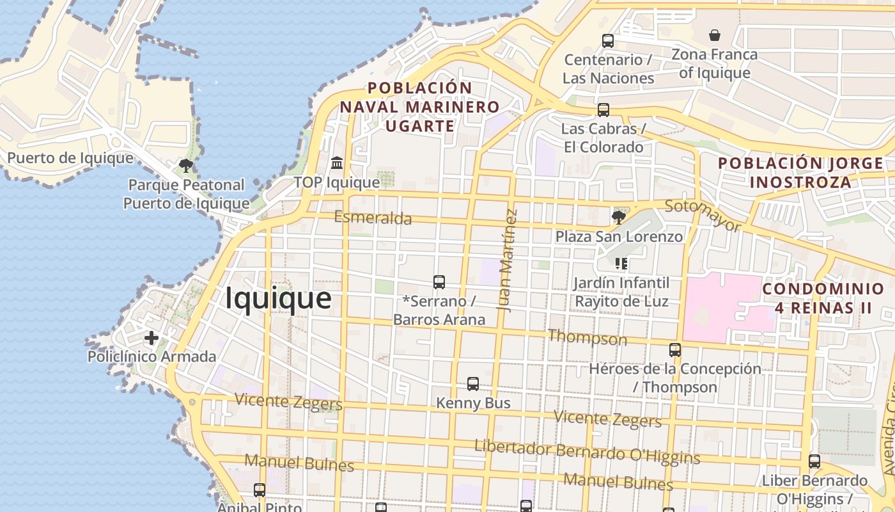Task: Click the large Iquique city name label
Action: point(278,298)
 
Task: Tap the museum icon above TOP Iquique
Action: point(337,163)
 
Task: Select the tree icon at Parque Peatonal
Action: point(186,166)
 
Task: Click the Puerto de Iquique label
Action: point(70,158)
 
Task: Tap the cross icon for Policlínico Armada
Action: point(152,337)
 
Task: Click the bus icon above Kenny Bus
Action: point(473,384)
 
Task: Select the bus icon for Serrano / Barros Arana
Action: point(439,282)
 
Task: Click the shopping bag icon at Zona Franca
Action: point(715,35)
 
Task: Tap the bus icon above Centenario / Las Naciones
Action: point(608,41)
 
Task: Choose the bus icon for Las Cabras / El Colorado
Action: point(603,110)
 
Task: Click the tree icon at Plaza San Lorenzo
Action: point(618,218)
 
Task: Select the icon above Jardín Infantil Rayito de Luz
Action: point(621,264)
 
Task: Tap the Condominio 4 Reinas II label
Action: point(823,298)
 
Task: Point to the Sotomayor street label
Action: point(703,215)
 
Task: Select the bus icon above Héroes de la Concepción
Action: point(675,350)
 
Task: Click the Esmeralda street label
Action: point(373,218)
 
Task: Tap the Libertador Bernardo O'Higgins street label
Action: point(587,452)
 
